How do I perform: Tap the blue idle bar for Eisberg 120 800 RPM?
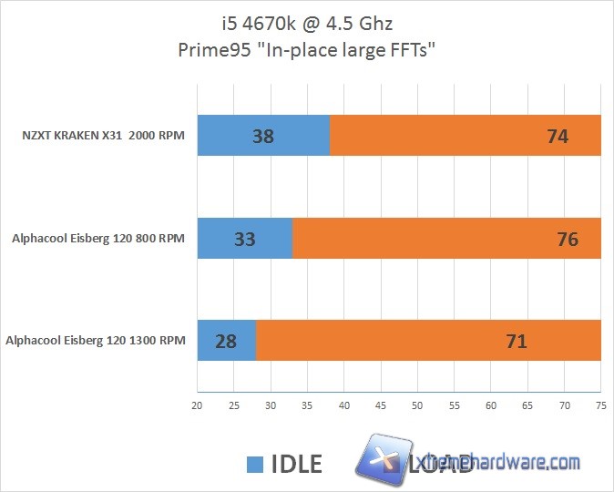pos(219,240)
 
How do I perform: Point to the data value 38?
pos(263,137)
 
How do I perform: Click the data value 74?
pos(558,137)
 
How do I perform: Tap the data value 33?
pos(244,240)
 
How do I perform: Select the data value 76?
pos(567,240)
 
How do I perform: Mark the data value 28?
pos(225,342)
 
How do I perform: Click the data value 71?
pos(517,342)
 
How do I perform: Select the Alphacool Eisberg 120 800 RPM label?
pos(98,240)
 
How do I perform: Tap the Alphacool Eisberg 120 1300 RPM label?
pos(96,342)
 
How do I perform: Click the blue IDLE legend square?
pos(256,463)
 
